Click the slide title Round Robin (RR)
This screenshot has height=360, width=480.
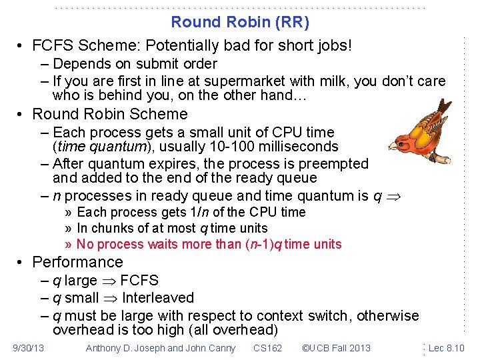pyautogui.click(x=240, y=22)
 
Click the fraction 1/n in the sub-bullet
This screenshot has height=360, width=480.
pyautogui.click(x=198, y=213)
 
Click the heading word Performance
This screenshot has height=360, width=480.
pyautogui.click(x=77, y=262)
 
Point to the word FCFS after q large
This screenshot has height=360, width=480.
pyautogui.click(x=139, y=281)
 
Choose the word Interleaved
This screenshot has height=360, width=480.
pyautogui.click(x=158, y=298)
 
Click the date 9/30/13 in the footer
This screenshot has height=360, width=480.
pyautogui.click(x=29, y=347)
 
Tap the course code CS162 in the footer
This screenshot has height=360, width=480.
pyautogui.click(x=267, y=347)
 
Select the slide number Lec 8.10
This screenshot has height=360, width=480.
pyautogui.click(x=446, y=347)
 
